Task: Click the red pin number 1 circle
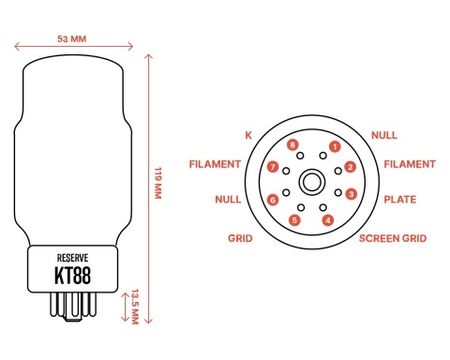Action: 334,146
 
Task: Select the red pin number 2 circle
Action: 350,168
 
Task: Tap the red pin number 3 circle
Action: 352,194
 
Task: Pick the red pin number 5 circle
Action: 294,220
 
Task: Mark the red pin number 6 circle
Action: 273,199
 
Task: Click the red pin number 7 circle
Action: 273,167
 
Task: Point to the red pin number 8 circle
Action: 293,145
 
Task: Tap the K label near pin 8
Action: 248,135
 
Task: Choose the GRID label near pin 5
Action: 240,239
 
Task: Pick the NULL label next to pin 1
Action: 384,135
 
